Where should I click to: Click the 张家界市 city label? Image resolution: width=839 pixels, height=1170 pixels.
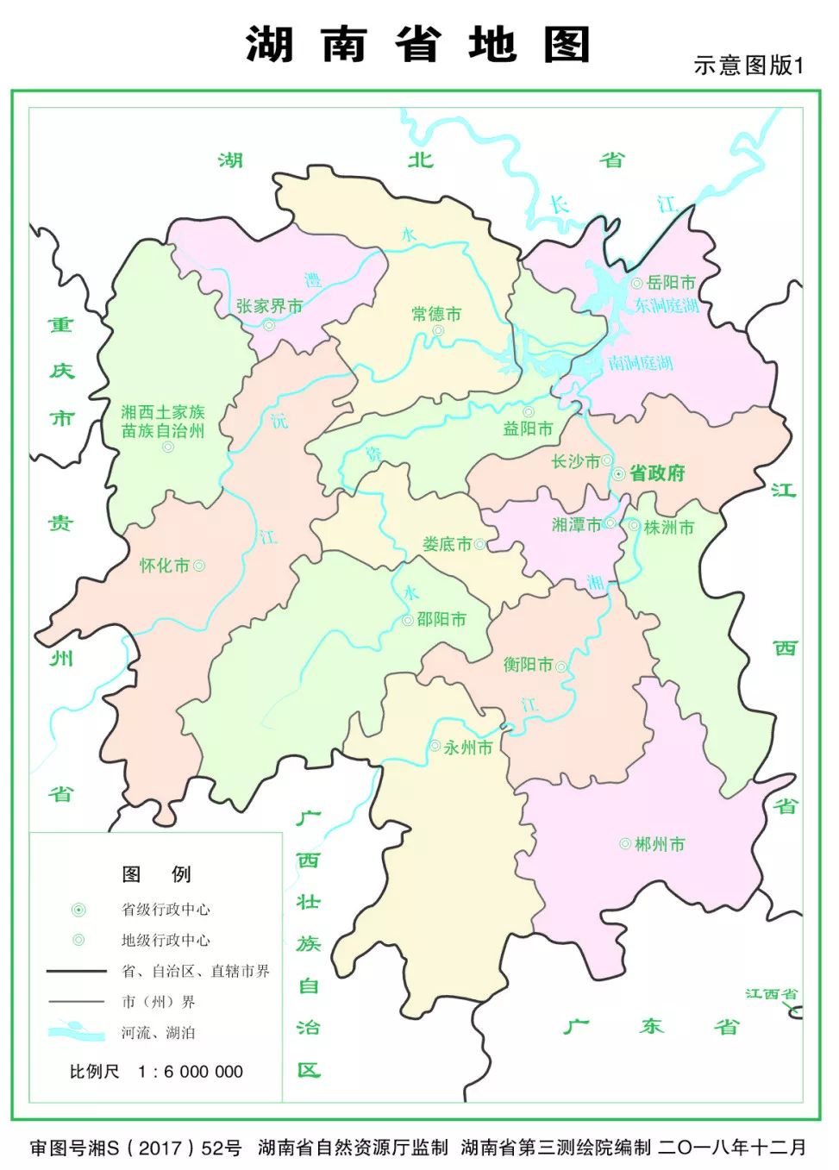[269, 306]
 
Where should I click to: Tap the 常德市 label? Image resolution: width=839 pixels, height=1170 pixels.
[436, 314]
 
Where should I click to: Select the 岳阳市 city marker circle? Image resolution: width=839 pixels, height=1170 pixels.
[636, 283]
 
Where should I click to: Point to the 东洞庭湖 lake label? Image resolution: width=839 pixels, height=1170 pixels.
[667, 305]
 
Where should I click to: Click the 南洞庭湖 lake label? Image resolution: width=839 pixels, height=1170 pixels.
[640, 363]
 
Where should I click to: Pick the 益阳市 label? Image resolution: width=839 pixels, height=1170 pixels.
[528, 429]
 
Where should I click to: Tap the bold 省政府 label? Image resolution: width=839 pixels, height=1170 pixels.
[657, 472]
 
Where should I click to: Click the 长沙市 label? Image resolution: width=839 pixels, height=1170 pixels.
[575, 461]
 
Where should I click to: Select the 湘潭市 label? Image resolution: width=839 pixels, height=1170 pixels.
[576, 524]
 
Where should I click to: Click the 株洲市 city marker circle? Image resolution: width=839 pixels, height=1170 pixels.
[634, 525]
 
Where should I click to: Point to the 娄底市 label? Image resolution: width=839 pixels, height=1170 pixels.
[447, 544]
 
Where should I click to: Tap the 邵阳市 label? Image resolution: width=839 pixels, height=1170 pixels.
[441, 619]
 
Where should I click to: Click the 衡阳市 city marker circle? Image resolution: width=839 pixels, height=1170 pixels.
[561, 666]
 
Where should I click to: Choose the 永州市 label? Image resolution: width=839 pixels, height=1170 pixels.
[468, 748]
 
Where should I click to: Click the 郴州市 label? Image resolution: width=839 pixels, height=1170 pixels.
[660, 844]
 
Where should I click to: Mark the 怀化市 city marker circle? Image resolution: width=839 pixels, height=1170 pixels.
[199, 566]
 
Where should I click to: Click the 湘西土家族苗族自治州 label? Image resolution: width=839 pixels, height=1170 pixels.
[163, 422]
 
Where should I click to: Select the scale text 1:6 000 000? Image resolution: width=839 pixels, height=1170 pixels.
[191, 1072]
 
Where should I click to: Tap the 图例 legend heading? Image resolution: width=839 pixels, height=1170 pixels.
[156, 874]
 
